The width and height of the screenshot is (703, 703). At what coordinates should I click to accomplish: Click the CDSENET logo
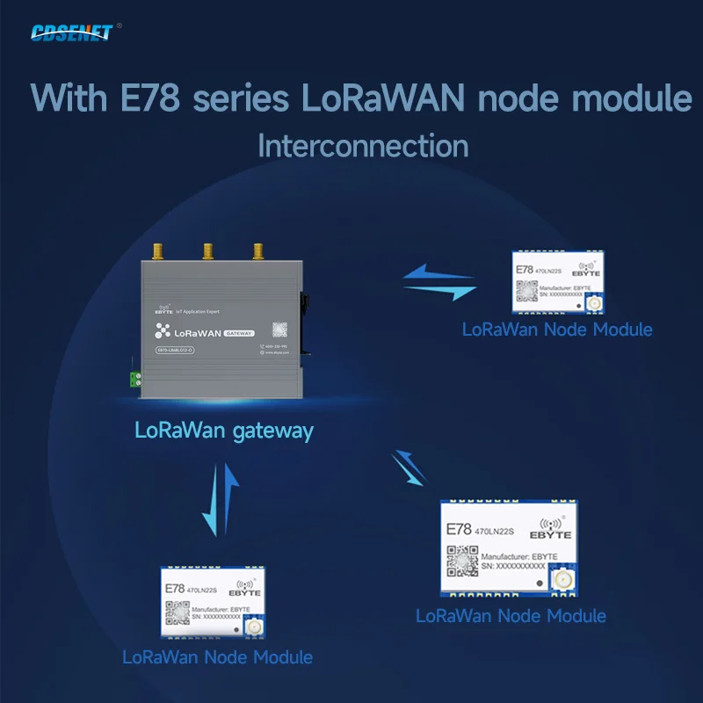click(72, 33)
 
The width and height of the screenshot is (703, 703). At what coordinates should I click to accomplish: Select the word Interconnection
click(363, 145)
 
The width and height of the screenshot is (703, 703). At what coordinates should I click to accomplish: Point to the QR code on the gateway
click(279, 330)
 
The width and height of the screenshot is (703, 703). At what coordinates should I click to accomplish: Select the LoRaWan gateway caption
click(223, 431)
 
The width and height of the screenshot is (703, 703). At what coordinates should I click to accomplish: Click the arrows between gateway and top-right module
click(438, 282)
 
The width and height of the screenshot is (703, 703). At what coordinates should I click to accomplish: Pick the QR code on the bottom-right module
click(462, 559)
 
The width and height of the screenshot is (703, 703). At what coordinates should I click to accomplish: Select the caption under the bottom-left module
click(217, 656)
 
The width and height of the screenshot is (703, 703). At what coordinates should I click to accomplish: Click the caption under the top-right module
click(557, 330)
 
